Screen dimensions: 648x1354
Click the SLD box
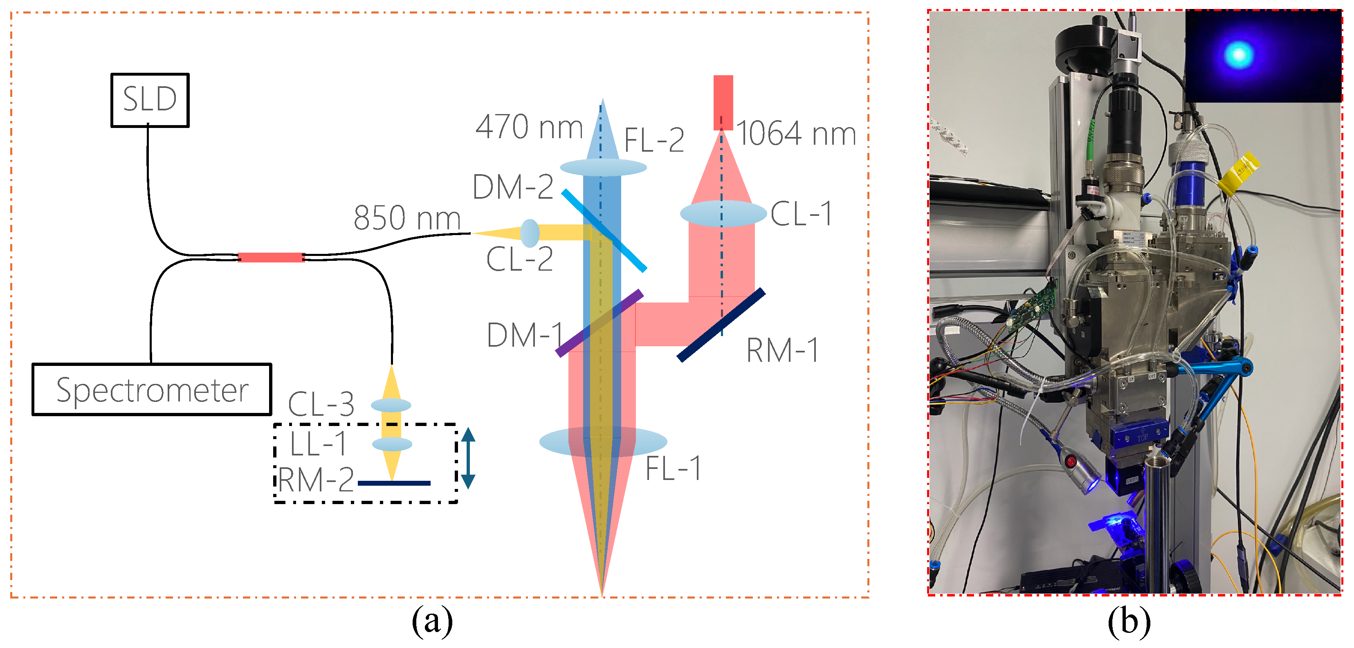point(150,100)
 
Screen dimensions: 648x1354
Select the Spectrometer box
point(151,390)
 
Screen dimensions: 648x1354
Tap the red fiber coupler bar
point(271,257)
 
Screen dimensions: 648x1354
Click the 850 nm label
point(407,217)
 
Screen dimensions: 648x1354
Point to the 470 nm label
point(529,127)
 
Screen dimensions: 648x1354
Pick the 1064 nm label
point(796,134)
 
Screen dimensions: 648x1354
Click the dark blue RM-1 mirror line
point(721,325)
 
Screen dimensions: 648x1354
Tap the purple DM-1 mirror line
point(599,323)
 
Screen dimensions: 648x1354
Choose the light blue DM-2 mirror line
point(604,231)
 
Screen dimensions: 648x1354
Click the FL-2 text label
point(654,140)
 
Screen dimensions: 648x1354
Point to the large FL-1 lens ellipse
point(603,442)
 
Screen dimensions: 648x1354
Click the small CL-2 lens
point(530,233)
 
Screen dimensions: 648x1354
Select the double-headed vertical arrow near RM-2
point(468,458)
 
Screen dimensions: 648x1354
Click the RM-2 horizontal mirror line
point(394,482)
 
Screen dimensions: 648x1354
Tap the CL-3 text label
point(321,404)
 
